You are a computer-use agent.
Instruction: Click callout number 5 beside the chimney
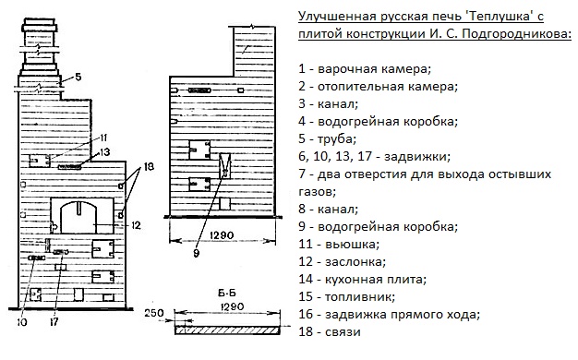coord(78,77)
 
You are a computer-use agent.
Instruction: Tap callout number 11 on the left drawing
coord(103,138)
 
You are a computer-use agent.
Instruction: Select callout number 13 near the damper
coord(104,151)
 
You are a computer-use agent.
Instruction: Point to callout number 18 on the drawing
coord(149,166)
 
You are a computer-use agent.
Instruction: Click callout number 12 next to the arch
coord(136,225)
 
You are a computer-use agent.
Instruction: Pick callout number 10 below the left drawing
coord(22,321)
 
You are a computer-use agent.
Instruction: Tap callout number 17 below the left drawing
coord(54,321)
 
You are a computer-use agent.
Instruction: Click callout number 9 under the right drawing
coord(196,253)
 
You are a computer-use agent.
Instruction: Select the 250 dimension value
coord(153,313)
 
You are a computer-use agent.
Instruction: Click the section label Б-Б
coord(227,294)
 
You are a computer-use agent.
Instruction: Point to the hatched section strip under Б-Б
coord(227,330)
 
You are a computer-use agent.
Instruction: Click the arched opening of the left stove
coord(78,218)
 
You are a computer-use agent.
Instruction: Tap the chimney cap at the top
coord(40,27)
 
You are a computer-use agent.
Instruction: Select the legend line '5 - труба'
coord(328,139)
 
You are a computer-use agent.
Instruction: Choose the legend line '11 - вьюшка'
coord(339,244)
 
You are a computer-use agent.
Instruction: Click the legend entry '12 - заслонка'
coord(342,261)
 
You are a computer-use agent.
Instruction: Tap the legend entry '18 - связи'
coord(330,331)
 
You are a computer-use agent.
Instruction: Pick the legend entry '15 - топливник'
coord(347,296)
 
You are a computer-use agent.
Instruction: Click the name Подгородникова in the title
coord(516,34)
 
